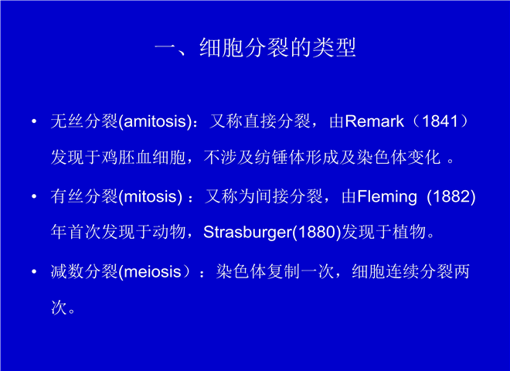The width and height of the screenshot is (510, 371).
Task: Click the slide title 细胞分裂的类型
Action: [277, 48]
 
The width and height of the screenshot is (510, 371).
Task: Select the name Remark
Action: [374, 121]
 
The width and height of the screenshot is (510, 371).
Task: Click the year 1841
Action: [440, 121]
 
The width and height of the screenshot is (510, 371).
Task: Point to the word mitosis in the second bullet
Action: [151, 196]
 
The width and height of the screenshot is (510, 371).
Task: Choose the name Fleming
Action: [387, 197]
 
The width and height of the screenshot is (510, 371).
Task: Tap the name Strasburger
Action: [248, 233]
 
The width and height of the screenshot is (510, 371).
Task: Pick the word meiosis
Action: [152, 272]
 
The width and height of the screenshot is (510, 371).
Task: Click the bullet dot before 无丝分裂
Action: [34, 121]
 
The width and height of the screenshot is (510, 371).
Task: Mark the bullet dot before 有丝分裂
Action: [34, 197]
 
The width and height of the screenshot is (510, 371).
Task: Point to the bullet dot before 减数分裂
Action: [34, 272]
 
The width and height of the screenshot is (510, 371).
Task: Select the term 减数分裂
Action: [84, 272]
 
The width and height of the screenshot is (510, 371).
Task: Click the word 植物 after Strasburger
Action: [410, 233]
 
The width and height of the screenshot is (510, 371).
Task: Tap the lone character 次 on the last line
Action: [59, 308]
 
